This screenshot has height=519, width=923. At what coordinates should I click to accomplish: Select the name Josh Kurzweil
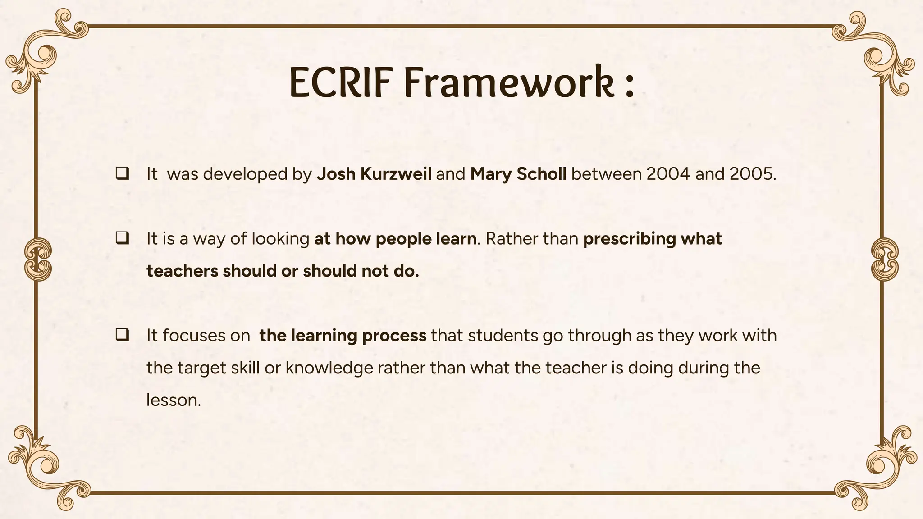374,174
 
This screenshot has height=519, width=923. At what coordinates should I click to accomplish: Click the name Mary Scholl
518,174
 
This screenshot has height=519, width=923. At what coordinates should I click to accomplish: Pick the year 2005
751,174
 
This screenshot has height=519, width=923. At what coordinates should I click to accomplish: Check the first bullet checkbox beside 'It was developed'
122,174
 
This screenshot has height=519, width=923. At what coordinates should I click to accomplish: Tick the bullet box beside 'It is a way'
122,238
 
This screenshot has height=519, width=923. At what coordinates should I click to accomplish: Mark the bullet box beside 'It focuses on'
122,335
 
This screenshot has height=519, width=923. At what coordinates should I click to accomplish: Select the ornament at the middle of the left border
38,259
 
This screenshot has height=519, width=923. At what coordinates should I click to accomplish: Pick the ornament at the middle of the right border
885,259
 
